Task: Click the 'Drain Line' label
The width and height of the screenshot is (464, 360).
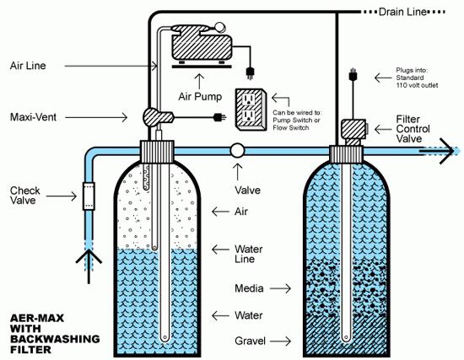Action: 402,12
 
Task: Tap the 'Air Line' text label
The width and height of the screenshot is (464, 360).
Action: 28,66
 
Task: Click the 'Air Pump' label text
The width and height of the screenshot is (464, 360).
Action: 200,96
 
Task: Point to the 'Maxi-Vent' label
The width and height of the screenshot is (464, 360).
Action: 33,117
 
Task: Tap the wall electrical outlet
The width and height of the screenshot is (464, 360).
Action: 251,110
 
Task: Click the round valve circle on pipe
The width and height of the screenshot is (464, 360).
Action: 237,151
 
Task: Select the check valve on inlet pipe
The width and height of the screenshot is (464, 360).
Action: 89,196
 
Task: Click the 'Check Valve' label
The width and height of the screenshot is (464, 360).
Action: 24,196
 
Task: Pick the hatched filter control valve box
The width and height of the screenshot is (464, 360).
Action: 353,129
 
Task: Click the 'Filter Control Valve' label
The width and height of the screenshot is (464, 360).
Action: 413,129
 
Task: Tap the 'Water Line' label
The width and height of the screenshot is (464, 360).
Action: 249,254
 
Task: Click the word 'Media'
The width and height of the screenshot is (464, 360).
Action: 249,288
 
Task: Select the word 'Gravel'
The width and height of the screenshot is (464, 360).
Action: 250,341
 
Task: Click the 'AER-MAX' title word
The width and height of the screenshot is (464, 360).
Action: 37,318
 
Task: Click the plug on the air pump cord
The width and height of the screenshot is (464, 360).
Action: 250,73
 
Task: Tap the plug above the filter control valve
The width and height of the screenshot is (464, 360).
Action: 353,74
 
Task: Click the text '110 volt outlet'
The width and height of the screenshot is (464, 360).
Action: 417,85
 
